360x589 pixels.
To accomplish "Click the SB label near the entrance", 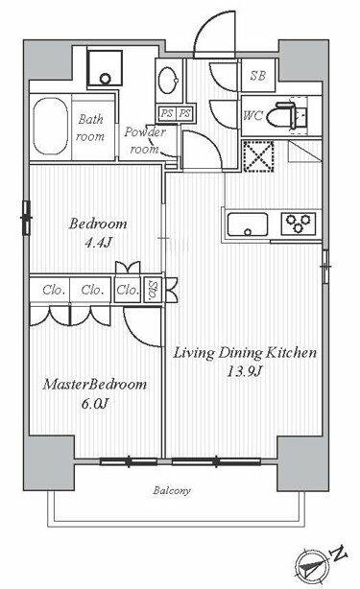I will click(258, 76).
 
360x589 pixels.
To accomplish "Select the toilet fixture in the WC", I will click(285, 116).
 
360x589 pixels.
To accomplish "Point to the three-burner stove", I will click(298, 224).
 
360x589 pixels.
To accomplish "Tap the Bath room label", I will click(91, 127).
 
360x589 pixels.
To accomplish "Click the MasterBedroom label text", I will click(94, 385).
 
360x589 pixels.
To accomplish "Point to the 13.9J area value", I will click(244, 371).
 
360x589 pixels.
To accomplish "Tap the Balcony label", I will click(172, 491).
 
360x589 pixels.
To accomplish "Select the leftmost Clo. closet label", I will click(52, 289).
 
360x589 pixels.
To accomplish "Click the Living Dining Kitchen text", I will click(245, 354).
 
